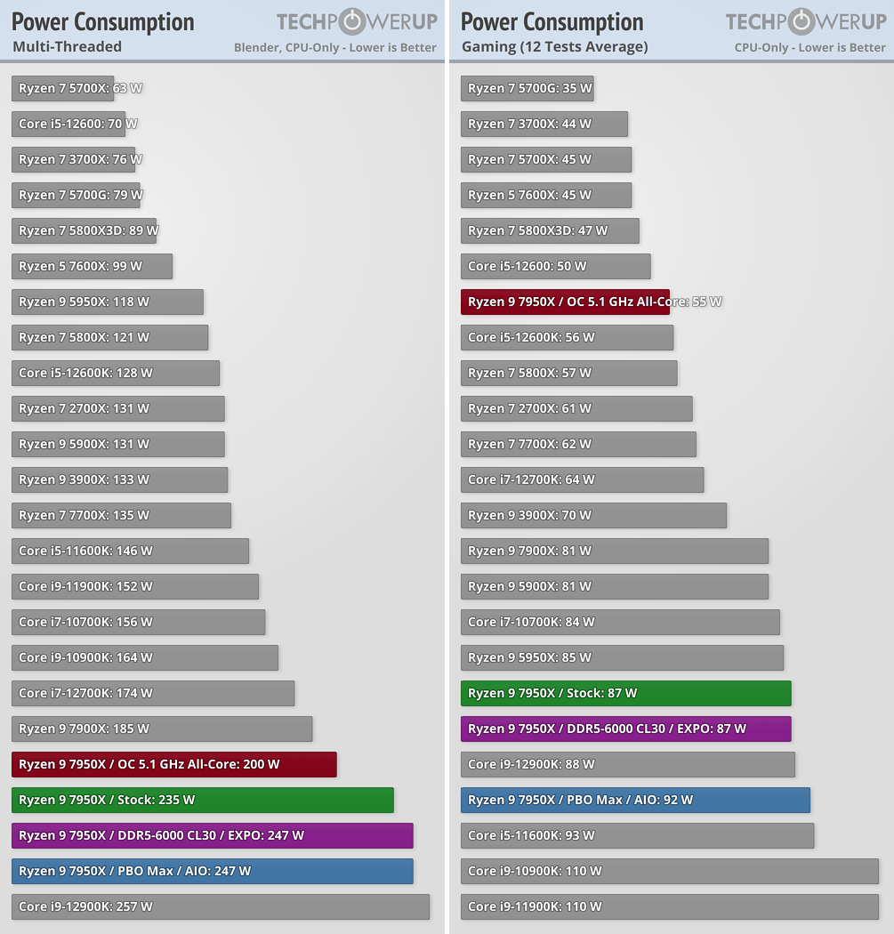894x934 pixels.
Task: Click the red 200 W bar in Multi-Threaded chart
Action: click(174, 764)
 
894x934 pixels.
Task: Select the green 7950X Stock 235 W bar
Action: click(203, 800)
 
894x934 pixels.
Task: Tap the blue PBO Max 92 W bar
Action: click(635, 800)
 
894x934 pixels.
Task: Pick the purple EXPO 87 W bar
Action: click(625, 729)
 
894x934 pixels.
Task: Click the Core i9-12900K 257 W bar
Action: click(221, 906)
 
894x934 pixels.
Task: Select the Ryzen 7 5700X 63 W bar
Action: click(63, 88)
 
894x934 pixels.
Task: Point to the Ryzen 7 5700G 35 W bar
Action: click(527, 88)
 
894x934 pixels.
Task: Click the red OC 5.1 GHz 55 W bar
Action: click(565, 302)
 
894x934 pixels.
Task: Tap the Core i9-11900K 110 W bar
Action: click(669, 906)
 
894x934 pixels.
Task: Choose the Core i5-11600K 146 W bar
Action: click(130, 551)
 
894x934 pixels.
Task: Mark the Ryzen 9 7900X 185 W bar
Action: click(162, 729)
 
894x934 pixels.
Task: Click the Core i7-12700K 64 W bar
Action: click(582, 479)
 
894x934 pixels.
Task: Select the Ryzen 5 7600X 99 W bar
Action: click(92, 266)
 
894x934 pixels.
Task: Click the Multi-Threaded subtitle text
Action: click(67, 46)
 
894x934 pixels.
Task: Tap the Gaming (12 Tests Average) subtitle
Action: click(554, 46)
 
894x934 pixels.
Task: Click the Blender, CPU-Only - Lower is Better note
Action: click(334, 47)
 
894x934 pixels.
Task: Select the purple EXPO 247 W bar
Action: click(213, 835)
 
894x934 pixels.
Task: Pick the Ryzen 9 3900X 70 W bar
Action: click(593, 515)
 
